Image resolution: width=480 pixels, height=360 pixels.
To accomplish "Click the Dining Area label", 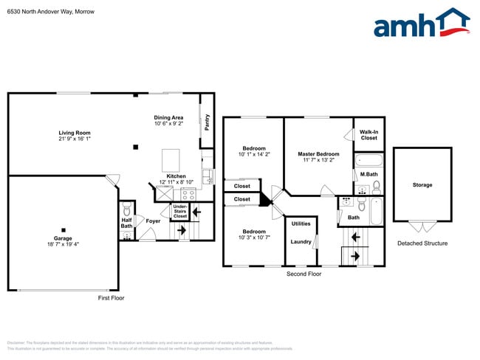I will (168, 117).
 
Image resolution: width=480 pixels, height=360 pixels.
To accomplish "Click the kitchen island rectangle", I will (171, 159).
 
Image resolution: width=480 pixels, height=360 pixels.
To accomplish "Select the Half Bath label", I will (126, 223).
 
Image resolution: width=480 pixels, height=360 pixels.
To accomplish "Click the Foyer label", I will (153, 221).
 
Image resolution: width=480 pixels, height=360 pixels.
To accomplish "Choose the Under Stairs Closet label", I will (179, 212).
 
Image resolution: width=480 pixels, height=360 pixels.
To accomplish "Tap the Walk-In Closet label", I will (368, 135).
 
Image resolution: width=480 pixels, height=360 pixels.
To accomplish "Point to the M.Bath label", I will (368, 174).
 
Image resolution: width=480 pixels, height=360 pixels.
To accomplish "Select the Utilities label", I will (301, 224).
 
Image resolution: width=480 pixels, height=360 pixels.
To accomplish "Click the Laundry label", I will (301, 241).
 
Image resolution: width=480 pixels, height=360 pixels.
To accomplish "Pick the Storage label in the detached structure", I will (422, 185).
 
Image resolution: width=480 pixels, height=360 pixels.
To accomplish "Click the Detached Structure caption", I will (422, 243).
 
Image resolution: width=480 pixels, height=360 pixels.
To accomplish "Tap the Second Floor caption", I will (304, 274).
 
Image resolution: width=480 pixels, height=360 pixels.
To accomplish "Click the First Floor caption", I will (112, 298).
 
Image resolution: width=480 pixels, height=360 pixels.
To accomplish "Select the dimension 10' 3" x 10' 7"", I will (254, 238).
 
